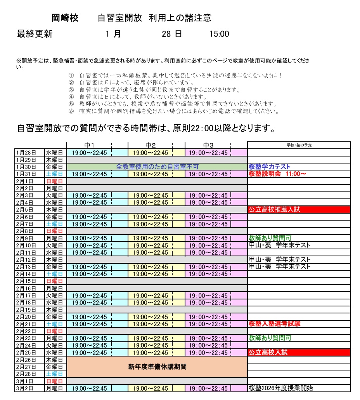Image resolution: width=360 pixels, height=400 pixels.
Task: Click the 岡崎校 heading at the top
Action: (x=65, y=18)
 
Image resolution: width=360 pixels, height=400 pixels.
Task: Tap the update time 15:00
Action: (x=219, y=34)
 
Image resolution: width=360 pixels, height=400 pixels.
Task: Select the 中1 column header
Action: (x=90, y=145)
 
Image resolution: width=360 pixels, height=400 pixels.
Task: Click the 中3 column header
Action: (x=209, y=145)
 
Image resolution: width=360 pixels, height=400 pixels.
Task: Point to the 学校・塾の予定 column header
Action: (x=299, y=145)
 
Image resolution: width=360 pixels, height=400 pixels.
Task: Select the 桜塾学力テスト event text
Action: (x=270, y=167)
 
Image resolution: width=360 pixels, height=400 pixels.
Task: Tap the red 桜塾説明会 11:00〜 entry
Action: (x=277, y=174)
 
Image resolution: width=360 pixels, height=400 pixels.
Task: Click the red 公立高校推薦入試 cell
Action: (x=299, y=210)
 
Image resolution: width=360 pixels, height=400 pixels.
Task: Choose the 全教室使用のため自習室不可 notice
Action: (x=157, y=167)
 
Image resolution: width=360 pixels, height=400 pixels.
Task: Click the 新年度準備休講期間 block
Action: (x=157, y=367)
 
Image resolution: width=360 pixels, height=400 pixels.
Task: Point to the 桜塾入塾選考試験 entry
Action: (x=275, y=324)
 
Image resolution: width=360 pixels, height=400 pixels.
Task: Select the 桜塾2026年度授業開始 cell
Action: (x=281, y=388)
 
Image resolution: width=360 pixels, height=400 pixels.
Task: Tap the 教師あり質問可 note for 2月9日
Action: (x=270, y=238)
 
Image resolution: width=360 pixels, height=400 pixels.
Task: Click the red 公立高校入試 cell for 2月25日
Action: (x=299, y=353)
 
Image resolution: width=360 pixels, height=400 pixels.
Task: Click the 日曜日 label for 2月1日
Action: (x=54, y=181)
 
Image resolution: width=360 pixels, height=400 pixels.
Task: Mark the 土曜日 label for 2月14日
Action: (x=54, y=274)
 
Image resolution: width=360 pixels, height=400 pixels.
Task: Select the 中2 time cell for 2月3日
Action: (x=151, y=195)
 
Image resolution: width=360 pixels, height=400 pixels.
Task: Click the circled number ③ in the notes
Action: (x=71, y=90)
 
